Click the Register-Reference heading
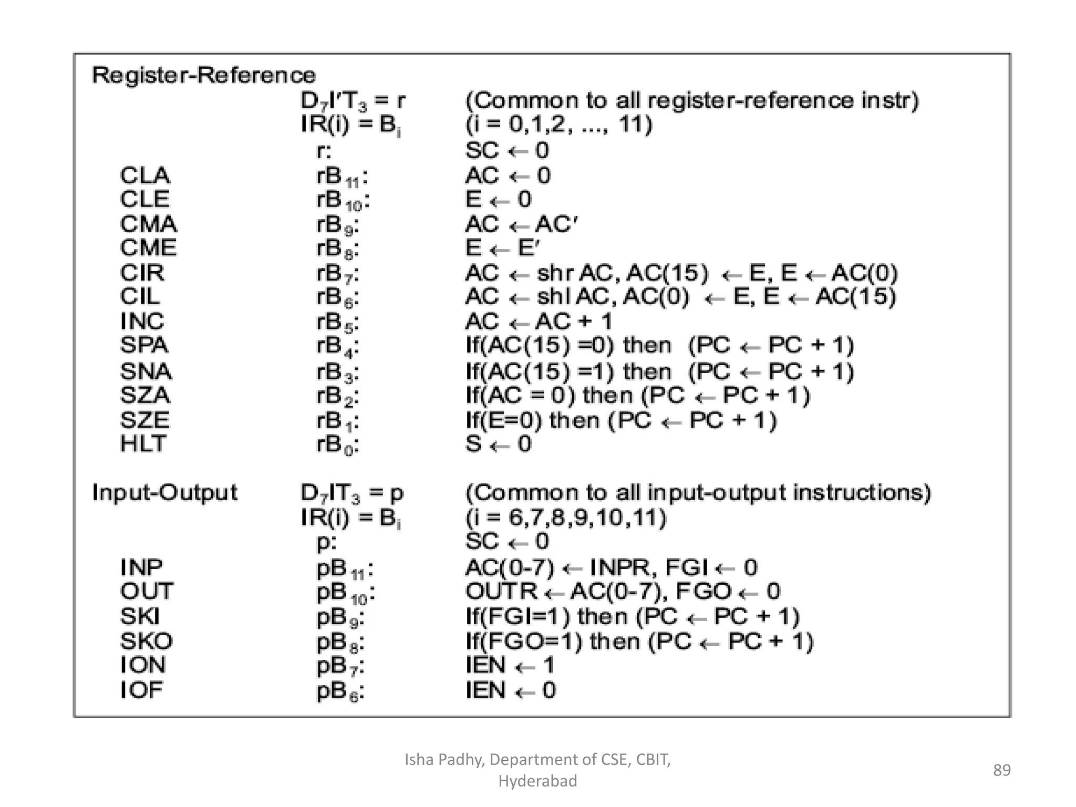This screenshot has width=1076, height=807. pos(204,75)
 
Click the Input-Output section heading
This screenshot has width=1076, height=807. pos(164,493)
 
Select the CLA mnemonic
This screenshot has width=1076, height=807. pos(145,175)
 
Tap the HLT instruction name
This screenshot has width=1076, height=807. pos(143,444)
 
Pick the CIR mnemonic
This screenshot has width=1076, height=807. pos(142,273)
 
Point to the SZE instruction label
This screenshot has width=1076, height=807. pos(145,420)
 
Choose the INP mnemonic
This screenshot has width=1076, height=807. pos(141,567)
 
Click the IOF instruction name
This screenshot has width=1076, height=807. pos(141,690)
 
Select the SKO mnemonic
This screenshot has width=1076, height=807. pos(146,641)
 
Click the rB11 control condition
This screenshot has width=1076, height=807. pos(342,177)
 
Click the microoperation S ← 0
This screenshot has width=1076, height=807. pos(498,444)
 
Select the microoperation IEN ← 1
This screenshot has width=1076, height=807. pos(510,666)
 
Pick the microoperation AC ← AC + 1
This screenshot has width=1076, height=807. pos(539,321)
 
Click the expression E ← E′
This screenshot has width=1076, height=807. pos(502,248)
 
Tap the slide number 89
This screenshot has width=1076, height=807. pos(1001,770)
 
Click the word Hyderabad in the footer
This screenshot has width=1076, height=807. pos(537,781)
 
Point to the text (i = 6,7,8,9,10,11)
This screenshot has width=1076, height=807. pos(566,518)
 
